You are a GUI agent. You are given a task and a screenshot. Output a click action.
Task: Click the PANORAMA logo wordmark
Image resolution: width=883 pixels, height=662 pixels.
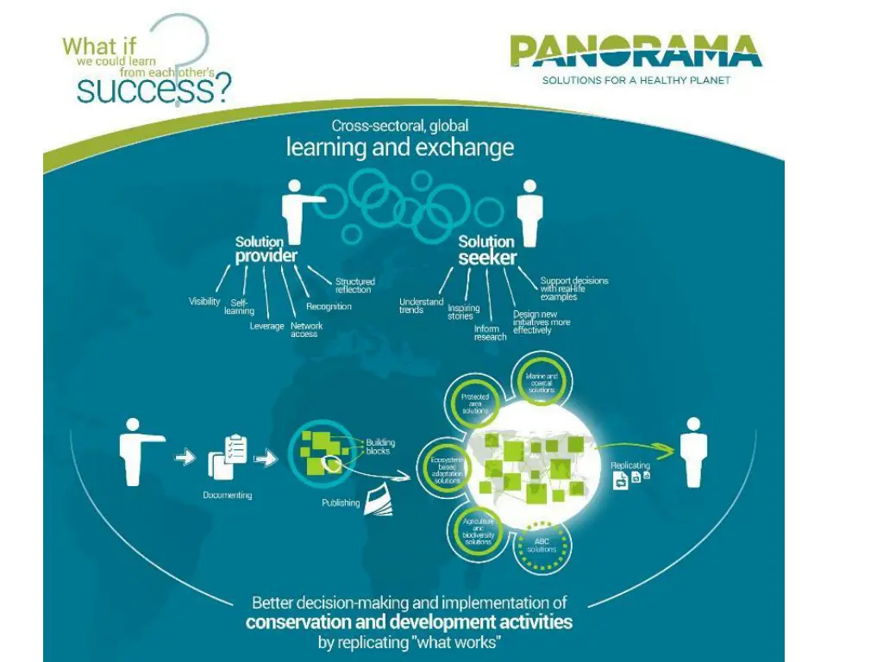[x=636, y=52]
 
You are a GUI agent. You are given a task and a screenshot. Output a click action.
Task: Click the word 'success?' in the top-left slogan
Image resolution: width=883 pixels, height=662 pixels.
[x=154, y=90]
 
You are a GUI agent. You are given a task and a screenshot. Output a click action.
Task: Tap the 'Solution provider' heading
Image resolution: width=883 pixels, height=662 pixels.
[x=266, y=249]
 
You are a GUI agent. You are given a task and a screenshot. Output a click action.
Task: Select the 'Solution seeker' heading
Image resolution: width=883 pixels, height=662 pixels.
[x=487, y=250]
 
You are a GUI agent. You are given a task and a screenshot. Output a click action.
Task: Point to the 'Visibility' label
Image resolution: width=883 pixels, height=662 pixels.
[x=204, y=302]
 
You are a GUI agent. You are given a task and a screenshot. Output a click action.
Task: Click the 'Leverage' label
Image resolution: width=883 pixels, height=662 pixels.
[x=266, y=326]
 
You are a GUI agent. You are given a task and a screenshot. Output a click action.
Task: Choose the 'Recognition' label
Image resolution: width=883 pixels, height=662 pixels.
[x=329, y=306]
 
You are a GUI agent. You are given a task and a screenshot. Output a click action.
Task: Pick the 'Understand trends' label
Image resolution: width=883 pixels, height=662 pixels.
[x=421, y=306]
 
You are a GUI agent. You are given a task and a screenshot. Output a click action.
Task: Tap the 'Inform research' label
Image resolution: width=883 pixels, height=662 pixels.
[x=490, y=333]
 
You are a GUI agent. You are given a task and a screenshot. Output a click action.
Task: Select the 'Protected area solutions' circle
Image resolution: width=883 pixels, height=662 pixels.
[x=475, y=404]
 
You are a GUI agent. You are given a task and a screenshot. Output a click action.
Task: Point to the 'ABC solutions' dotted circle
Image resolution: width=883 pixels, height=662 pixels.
[x=542, y=545]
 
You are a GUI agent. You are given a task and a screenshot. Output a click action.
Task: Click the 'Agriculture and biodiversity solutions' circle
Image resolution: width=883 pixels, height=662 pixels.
[x=477, y=530]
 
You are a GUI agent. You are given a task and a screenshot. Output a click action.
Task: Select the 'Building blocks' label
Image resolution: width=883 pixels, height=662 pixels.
[x=379, y=447]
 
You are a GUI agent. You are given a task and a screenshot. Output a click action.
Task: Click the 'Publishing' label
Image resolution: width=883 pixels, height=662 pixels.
[x=341, y=503]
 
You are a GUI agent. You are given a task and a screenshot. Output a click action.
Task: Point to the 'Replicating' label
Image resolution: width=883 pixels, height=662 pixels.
[x=630, y=465]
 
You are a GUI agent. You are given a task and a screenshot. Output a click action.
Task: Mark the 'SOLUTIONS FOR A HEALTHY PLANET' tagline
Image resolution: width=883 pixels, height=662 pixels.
[x=636, y=80]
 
